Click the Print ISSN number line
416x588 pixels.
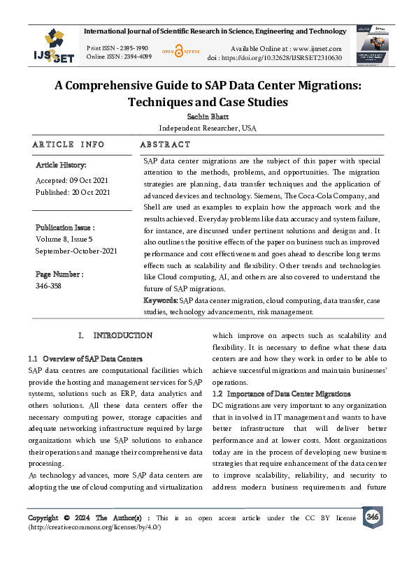pos(117,47)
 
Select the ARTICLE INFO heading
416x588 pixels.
pos(69,145)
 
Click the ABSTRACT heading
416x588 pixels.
pos(165,145)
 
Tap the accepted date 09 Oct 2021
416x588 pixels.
pos(72,179)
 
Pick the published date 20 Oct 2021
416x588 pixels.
pos(73,192)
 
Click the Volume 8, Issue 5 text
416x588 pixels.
pos(67,240)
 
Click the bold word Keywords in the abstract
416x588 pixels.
pos(160,300)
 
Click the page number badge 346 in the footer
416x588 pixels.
pos(372,517)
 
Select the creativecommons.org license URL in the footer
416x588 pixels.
pos(94,528)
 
